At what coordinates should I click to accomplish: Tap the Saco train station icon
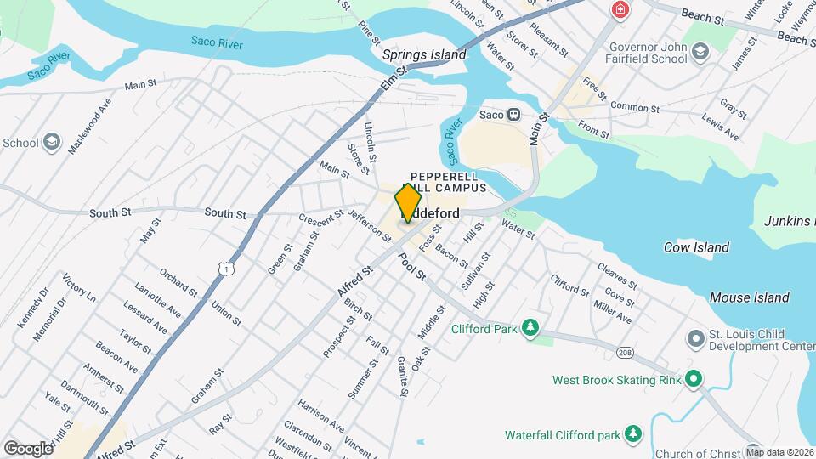pos(513,115)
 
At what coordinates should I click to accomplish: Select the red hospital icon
pos(621,10)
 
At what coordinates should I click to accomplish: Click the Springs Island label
pos(424,54)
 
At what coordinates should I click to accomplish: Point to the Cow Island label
pos(696,247)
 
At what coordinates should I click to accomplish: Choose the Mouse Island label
pos(749,297)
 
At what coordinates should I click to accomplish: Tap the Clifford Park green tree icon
pos(531,328)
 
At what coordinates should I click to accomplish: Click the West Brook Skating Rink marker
pos(694,379)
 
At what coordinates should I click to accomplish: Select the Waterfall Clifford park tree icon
pos(632,435)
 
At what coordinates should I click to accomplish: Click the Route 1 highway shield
pos(225,268)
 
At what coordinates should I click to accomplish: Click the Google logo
pos(27,448)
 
